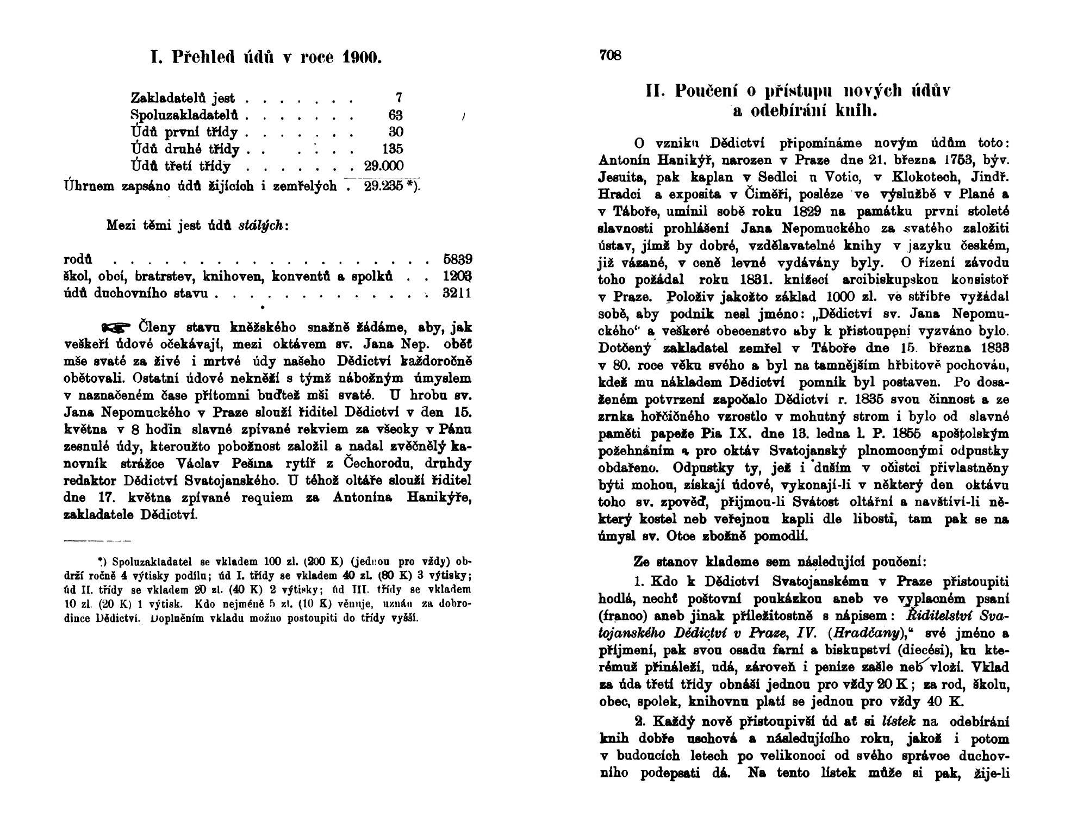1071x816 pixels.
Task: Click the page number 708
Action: click(610, 55)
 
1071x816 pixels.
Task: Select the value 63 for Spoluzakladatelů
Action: click(396, 115)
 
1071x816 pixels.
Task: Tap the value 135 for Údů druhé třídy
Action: click(392, 149)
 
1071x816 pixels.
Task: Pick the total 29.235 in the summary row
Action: click(383, 186)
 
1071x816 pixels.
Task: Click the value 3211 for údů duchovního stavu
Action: click(457, 294)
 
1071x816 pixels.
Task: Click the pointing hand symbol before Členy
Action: click(116, 327)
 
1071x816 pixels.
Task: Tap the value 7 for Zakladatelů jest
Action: click(398, 98)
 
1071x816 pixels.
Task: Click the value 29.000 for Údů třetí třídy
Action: click(384, 166)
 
